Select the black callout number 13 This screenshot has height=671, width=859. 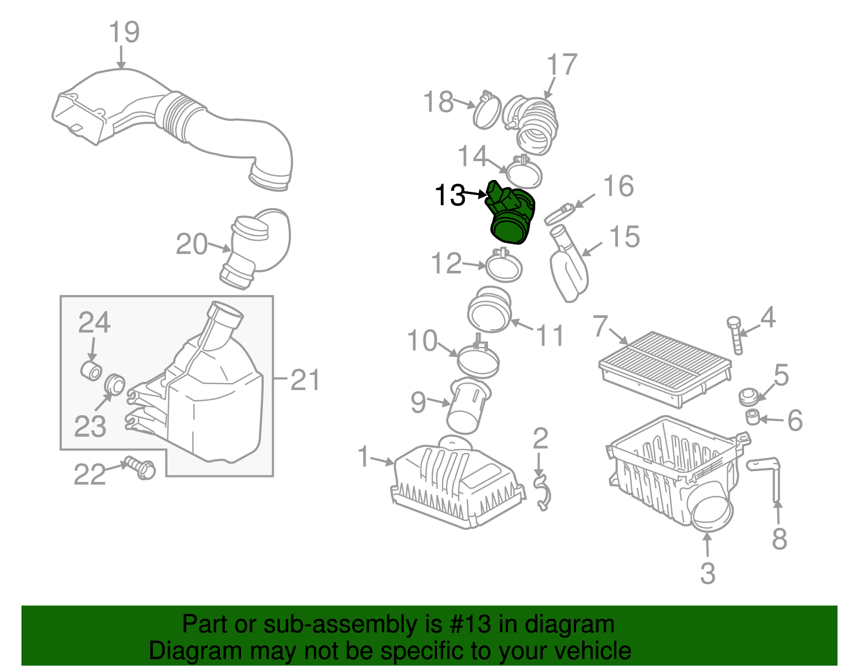tap(450, 195)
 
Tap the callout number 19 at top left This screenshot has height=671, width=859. tap(124, 32)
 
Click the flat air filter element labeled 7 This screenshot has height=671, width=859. tap(665, 367)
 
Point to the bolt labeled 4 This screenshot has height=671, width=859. tap(736, 336)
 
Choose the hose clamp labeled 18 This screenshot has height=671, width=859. tap(487, 112)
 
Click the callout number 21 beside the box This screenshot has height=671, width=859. tap(305, 380)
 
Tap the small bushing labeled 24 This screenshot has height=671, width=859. tap(91, 371)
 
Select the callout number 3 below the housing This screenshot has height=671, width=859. tap(708, 573)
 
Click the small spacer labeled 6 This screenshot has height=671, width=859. tap(753, 417)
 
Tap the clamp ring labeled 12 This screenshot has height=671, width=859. tap(504, 266)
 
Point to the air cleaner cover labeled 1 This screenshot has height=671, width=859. tap(456, 486)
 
